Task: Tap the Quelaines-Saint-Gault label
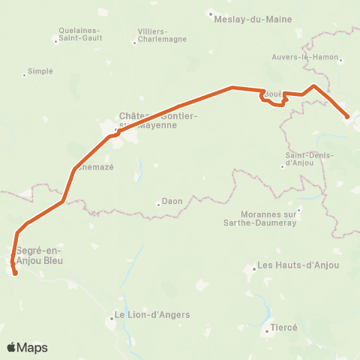click(x=79, y=34)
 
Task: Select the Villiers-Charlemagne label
click(x=157, y=35)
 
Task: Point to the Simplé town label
click(x=40, y=71)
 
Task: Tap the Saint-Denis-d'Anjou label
click(x=304, y=160)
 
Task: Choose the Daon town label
click(x=172, y=202)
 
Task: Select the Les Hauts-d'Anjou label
click(x=298, y=265)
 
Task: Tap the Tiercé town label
click(x=284, y=328)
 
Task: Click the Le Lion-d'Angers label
click(x=151, y=315)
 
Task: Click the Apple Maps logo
click(x=27, y=347)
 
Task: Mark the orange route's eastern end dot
click(x=347, y=116)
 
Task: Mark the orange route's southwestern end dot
click(x=15, y=273)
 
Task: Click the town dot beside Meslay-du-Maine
click(x=211, y=13)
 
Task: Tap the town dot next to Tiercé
click(x=266, y=328)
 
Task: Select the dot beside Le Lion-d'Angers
click(x=110, y=317)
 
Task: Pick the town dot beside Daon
click(x=159, y=202)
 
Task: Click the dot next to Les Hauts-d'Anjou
click(x=253, y=265)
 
